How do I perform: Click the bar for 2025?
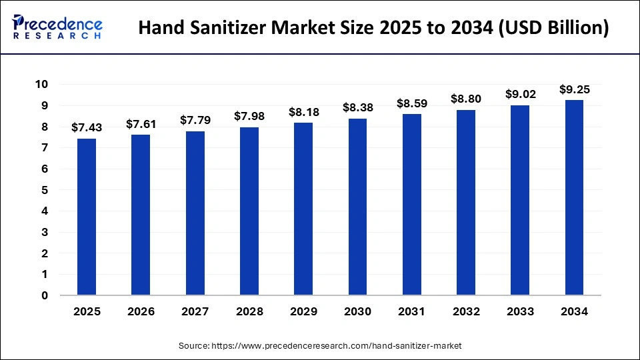[x=87, y=217]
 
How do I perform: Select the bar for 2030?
[x=358, y=207]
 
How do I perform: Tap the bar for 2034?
[x=575, y=197]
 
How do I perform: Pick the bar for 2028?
[x=249, y=211]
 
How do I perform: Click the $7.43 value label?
[x=87, y=127]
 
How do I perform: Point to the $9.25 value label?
[x=575, y=89]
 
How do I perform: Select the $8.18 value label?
[x=304, y=112]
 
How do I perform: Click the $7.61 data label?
[x=141, y=123]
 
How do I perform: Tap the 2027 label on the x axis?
[x=195, y=311]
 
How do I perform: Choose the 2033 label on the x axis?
[x=521, y=311]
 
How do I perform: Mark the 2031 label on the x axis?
[x=412, y=311]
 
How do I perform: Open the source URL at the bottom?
[x=337, y=346]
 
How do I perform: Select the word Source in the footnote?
[x=193, y=346]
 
